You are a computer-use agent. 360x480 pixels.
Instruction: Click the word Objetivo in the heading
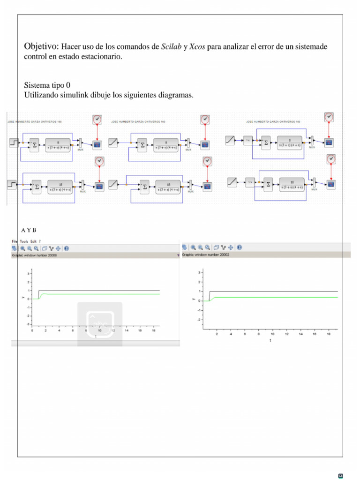[x=42, y=46]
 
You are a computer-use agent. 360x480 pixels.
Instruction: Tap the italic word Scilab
[x=172, y=47]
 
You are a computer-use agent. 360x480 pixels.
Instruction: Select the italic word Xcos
[x=197, y=47]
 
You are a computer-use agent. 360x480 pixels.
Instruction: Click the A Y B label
[x=28, y=230]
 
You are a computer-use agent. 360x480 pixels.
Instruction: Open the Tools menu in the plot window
[x=24, y=241]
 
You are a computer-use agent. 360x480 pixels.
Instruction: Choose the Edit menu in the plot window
[x=33, y=241]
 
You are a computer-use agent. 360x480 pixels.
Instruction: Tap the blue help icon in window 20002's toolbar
[x=240, y=247]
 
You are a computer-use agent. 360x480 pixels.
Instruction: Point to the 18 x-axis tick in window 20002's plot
[x=328, y=334]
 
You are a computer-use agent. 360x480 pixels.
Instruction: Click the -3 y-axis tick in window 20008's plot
[x=29, y=324]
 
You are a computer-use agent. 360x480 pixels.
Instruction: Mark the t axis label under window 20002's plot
[x=270, y=341]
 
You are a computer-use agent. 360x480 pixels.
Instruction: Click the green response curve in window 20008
[x=94, y=294]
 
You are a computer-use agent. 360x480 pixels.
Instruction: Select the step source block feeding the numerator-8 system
[x=13, y=142]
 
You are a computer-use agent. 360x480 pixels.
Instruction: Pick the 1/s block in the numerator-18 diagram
[x=250, y=182]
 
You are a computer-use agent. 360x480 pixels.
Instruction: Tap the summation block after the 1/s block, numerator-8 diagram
[x=266, y=142]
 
